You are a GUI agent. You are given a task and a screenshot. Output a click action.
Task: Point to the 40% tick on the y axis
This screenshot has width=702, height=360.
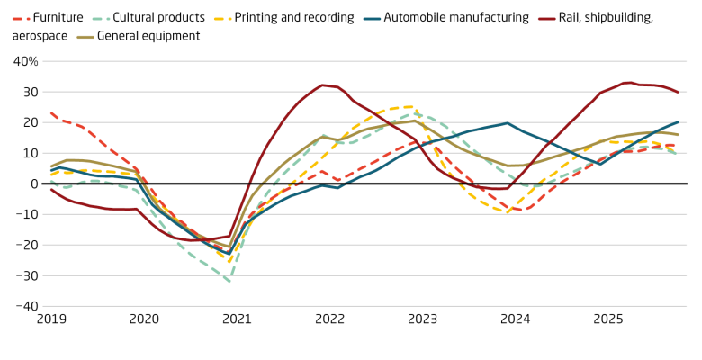pyautogui.click(x=26, y=61)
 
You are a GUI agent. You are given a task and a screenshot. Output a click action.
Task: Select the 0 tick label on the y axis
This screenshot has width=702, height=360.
pyautogui.click(x=33, y=184)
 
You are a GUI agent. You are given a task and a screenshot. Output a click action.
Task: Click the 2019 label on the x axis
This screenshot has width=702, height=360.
pyautogui.click(x=51, y=319)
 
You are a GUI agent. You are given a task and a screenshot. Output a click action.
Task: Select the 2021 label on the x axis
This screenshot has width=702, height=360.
pyautogui.click(x=237, y=319)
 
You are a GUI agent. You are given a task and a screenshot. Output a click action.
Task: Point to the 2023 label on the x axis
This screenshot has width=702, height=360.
pyautogui.click(x=422, y=319)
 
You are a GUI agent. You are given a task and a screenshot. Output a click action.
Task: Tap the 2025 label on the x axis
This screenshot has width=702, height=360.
pyautogui.click(x=607, y=319)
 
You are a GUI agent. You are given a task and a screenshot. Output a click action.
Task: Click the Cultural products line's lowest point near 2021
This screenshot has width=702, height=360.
pyautogui.click(x=229, y=282)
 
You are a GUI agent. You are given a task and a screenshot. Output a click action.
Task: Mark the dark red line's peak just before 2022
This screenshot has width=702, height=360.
pyautogui.click(x=322, y=85)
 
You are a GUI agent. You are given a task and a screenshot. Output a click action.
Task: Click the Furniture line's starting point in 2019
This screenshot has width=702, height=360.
pyautogui.click(x=51, y=113)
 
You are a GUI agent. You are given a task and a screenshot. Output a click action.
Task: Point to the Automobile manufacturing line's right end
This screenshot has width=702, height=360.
pyautogui.click(x=678, y=122)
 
